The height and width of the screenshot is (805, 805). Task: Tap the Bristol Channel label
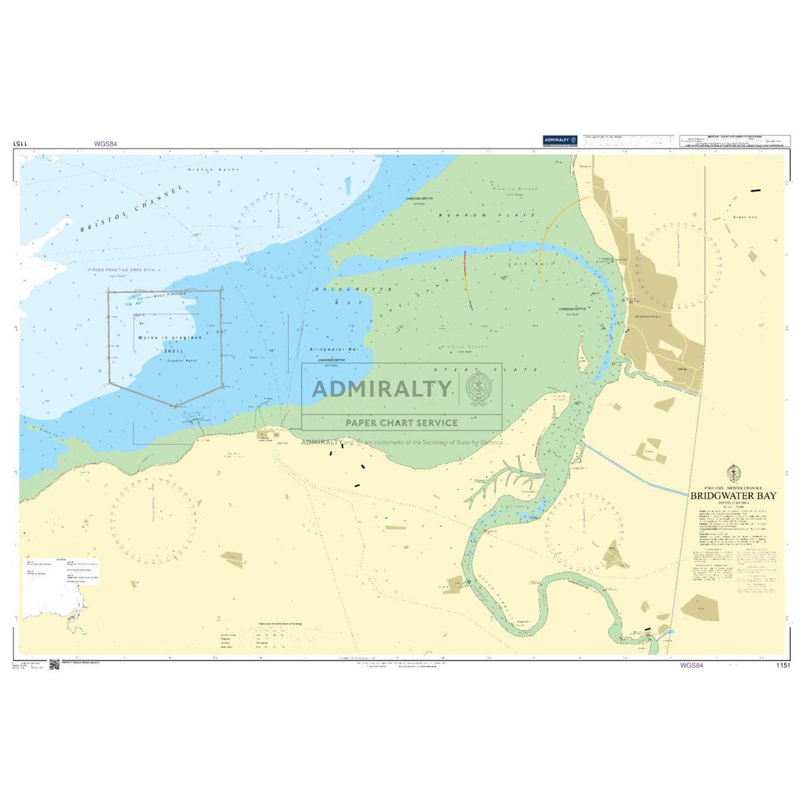[x=131, y=208]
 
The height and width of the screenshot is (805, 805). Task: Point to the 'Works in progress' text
[x=169, y=338]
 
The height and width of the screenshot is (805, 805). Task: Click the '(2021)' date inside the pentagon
[x=168, y=349]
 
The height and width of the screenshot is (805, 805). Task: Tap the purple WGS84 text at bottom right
[x=691, y=665]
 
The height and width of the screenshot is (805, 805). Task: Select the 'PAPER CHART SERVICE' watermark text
[x=401, y=422]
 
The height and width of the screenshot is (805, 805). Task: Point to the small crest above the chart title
[x=733, y=473]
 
